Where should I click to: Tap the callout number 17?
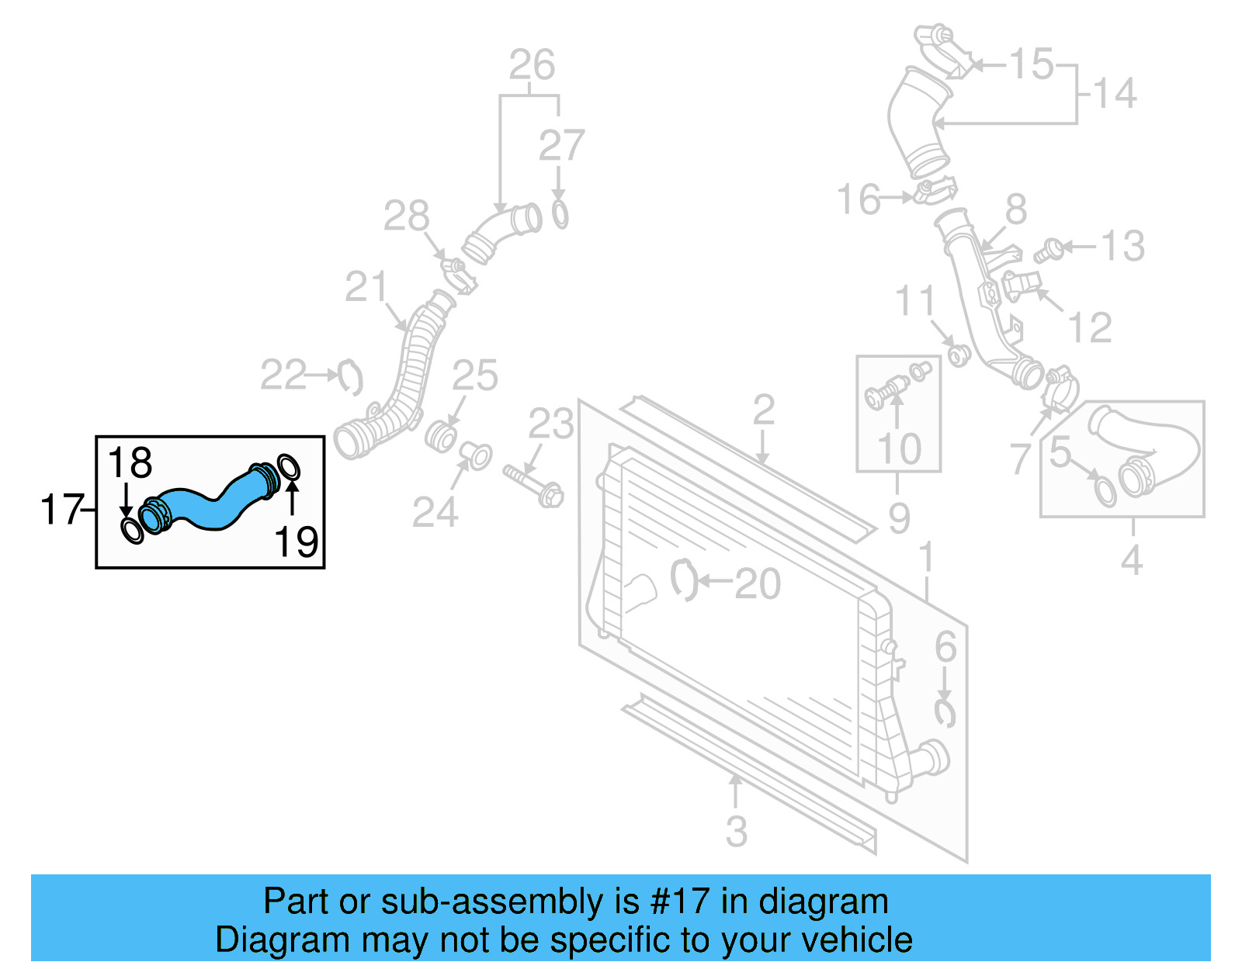coord(61,510)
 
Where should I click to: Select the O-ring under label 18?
coord(133,531)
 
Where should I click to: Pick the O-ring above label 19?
coord(289,467)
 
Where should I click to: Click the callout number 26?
coord(532,64)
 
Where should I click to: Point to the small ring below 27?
coord(560,213)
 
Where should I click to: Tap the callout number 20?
coord(757,583)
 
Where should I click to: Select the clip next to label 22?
coord(351,377)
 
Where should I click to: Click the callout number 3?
coord(736,831)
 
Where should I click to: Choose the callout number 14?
coord(1115,93)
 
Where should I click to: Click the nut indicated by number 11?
coord(959,355)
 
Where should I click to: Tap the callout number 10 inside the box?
coord(899,448)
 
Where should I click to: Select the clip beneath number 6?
coord(945,713)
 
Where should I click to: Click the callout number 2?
coord(764,409)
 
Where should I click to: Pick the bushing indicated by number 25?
coord(440,437)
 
